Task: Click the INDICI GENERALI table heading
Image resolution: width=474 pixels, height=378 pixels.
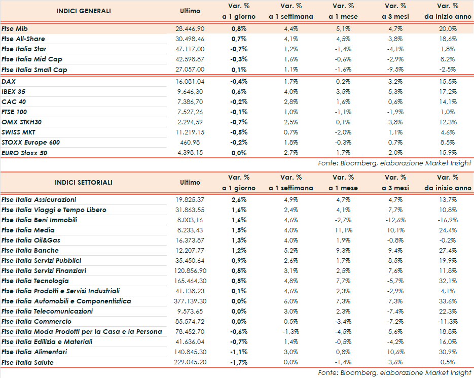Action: (84, 11)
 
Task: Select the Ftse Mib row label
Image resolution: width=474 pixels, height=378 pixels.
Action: (14, 29)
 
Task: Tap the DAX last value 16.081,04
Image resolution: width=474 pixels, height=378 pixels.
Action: (190, 81)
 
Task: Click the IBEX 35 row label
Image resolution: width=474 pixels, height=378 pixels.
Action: (14, 92)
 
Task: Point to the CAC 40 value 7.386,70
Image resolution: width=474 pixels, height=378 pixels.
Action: (190, 102)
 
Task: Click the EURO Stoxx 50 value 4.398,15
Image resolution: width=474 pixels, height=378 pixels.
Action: (190, 153)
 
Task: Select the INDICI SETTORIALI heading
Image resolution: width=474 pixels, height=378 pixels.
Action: (84, 183)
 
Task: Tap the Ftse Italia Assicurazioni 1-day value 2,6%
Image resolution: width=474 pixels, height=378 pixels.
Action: (239, 200)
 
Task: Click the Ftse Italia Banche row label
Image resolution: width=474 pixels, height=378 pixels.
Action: (30, 251)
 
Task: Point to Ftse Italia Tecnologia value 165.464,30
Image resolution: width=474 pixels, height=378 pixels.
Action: (190, 281)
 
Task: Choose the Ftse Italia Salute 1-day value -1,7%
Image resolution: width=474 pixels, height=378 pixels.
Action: (239, 362)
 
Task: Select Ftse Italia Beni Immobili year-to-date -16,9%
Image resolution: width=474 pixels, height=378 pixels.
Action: (448, 220)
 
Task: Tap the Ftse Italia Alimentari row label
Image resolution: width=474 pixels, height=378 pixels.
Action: (34, 352)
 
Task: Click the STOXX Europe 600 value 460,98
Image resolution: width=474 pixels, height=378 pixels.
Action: (195, 143)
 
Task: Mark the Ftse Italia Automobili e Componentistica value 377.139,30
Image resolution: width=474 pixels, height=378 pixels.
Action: (190, 301)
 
